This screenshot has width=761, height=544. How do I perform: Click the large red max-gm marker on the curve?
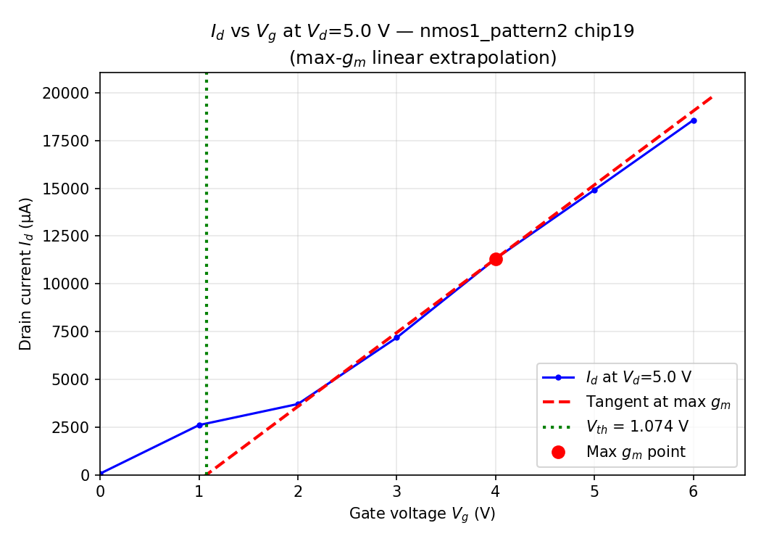tap(496, 259)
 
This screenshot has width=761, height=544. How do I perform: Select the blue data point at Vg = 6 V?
tap(694, 120)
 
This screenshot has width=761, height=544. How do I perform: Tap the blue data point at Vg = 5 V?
tap(594, 190)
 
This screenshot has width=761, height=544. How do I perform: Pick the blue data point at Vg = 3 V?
tap(396, 337)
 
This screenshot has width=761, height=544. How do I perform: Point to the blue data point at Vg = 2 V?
tap(298, 404)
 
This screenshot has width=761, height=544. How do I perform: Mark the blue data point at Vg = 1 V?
tap(199, 425)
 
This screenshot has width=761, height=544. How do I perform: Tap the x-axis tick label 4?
tap(496, 491)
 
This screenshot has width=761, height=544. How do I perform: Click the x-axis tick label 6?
tap(694, 491)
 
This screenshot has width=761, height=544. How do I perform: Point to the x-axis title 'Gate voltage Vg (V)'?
tap(422, 514)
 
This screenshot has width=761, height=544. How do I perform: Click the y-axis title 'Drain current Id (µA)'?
tap(26, 273)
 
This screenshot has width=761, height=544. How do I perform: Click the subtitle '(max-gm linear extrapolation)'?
tap(423, 58)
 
